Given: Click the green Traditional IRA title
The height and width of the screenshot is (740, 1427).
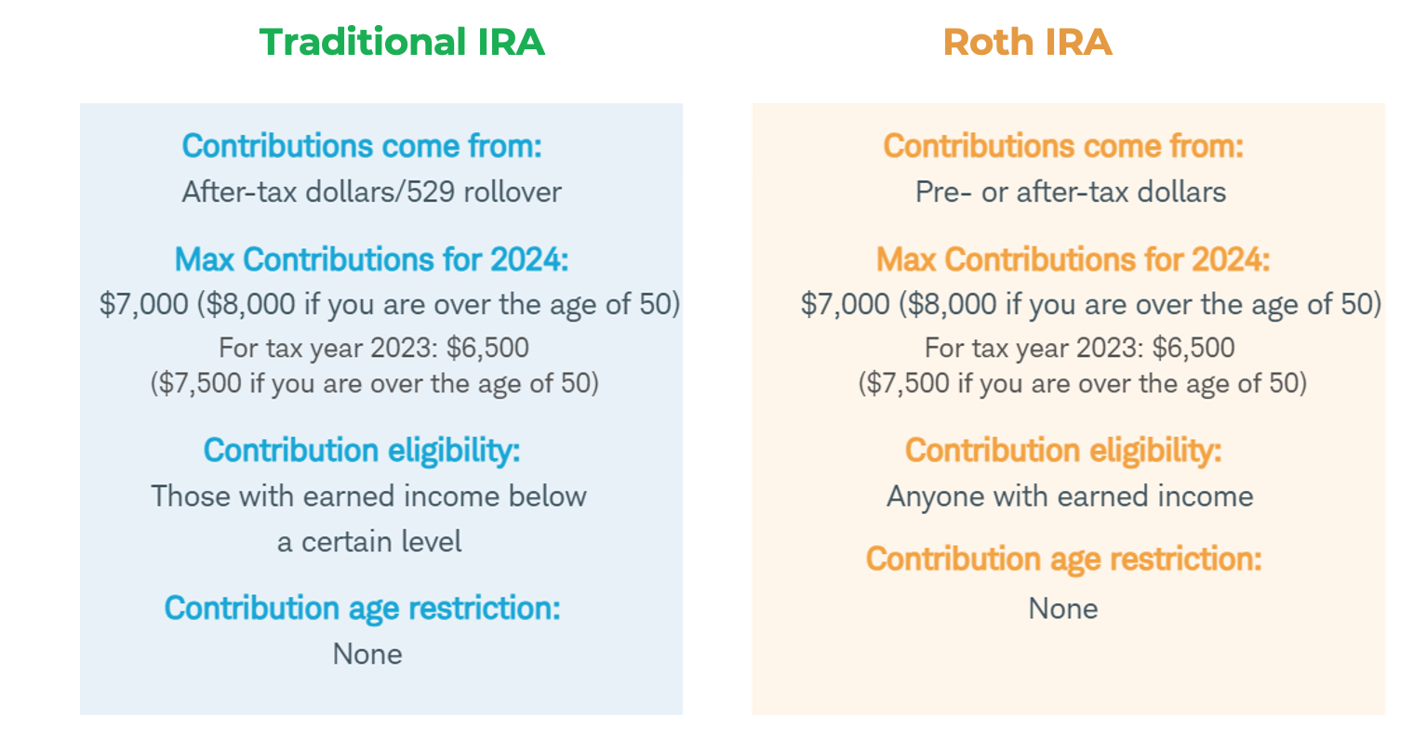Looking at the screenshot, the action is pyautogui.click(x=402, y=42).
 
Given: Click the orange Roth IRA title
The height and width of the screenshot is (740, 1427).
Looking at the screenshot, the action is pyautogui.click(x=1027, y=42).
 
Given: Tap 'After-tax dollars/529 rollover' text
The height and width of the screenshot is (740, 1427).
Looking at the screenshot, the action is pyautogui.click(x=372, y=192).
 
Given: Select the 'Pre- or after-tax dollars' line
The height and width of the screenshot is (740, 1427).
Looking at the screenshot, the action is pyautogui.click(x=1070, y=192).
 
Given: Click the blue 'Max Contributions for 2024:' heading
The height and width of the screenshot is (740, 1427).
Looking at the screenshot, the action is pyautogui.click(x=371, y=259).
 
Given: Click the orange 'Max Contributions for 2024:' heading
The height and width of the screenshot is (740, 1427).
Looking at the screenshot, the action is pyautogui.click(x=1073, y=259).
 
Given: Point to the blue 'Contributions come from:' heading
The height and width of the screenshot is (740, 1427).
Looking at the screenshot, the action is pyautogui.click(x=362, y=146).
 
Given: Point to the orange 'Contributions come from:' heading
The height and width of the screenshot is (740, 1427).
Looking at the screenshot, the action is pyautogui.click(x=1063, y=146).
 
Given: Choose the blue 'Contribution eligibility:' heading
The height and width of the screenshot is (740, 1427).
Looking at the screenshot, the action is pyautogui.click(x=362, y=451).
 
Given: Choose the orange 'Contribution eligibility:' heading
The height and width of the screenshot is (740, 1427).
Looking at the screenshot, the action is pyautogui.click(x=1063, y=451).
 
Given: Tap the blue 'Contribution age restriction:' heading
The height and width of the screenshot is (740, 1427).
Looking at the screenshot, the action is pyautogui.click(x=363, y=609).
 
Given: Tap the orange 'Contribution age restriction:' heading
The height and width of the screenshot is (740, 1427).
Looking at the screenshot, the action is pyautogui.click(x=1063, y=559).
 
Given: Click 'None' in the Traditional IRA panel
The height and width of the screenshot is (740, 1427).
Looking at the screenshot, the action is pyautogui.click(x=367, y=654).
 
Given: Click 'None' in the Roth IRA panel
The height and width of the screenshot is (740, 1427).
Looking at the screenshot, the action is pyautogui.click(x=1063, y=608).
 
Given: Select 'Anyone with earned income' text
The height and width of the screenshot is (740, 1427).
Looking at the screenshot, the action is pyautogui.click(x=1070, y=496).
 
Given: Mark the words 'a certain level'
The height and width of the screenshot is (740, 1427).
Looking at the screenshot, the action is pyautogui.click(x=369, y=542).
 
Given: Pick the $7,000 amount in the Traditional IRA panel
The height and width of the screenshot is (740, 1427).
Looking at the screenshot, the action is pyautogui.click(x=144, y=304).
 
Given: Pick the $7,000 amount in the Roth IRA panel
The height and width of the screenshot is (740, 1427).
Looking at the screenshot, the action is pyautogui.click(x=846, y=304).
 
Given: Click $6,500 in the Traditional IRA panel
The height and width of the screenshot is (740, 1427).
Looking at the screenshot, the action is pyautogui.click(x=487, y=348).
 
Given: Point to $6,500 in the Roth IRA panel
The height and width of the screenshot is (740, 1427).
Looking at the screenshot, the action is pyautogui.click(x=1194, y=348).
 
